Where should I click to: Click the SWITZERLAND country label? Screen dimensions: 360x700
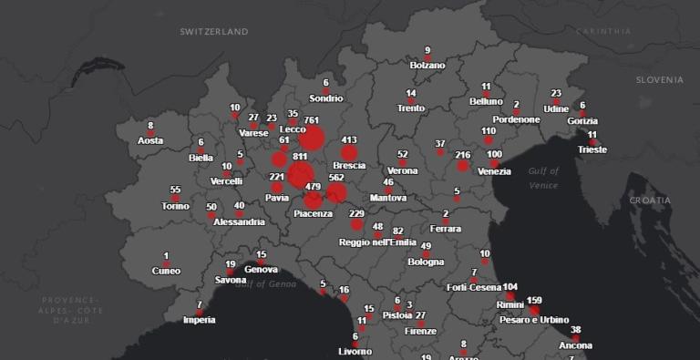[213, 31]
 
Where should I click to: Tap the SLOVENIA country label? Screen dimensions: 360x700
[659, 79]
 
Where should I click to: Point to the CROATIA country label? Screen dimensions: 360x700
[650, 200]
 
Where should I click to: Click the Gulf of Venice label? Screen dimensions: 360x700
[543, 178]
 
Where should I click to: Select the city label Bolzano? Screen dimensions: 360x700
[427, 66]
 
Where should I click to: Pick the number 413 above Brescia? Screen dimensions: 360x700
[348, 140]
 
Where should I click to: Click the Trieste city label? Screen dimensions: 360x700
[592, 149]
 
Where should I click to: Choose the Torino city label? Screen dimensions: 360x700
[175, 206]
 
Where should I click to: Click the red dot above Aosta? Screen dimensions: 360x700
[151, 132]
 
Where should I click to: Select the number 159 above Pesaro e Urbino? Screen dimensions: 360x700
[534, 301]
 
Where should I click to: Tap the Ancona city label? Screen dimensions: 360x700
[575, 346]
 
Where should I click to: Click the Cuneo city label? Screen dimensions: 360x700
[166, 271]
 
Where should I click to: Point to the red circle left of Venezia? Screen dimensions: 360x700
[463, 165]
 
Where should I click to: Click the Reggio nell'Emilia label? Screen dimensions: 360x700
[377, 242]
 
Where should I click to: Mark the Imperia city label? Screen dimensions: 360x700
[199, 320]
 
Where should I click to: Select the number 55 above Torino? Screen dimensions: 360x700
[175, 190]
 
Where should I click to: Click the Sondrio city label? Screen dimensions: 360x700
[325, 98]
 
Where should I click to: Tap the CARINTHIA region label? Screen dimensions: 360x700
[602, 31]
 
